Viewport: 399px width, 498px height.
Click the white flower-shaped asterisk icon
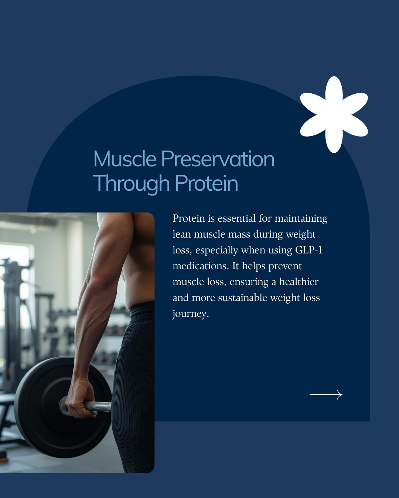pos(334,115)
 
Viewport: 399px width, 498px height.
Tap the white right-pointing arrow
pos(326,395)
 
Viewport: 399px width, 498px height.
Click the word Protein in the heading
pos(207,183)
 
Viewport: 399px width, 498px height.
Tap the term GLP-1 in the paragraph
pos(308,250)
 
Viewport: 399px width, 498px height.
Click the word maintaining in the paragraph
pos(301,219)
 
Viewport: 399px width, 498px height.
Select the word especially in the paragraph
pos(216,250)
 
